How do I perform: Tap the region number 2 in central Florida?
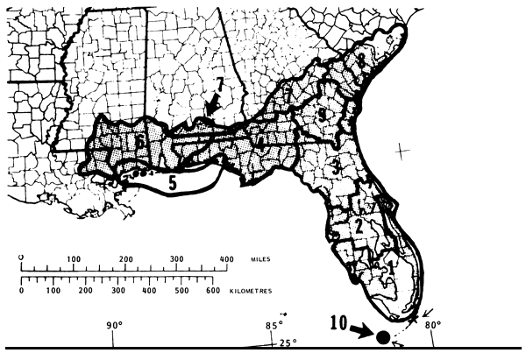(x=359, y=225)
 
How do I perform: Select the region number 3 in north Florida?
(x=335, y=165)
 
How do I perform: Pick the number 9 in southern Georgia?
(x=323, y=116)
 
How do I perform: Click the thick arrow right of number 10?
(x=360, y=331)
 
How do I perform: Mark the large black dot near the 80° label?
(x=382, y=336)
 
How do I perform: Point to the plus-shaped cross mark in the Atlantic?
(x=402, y=151)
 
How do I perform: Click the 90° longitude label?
(x=114, y=327)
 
